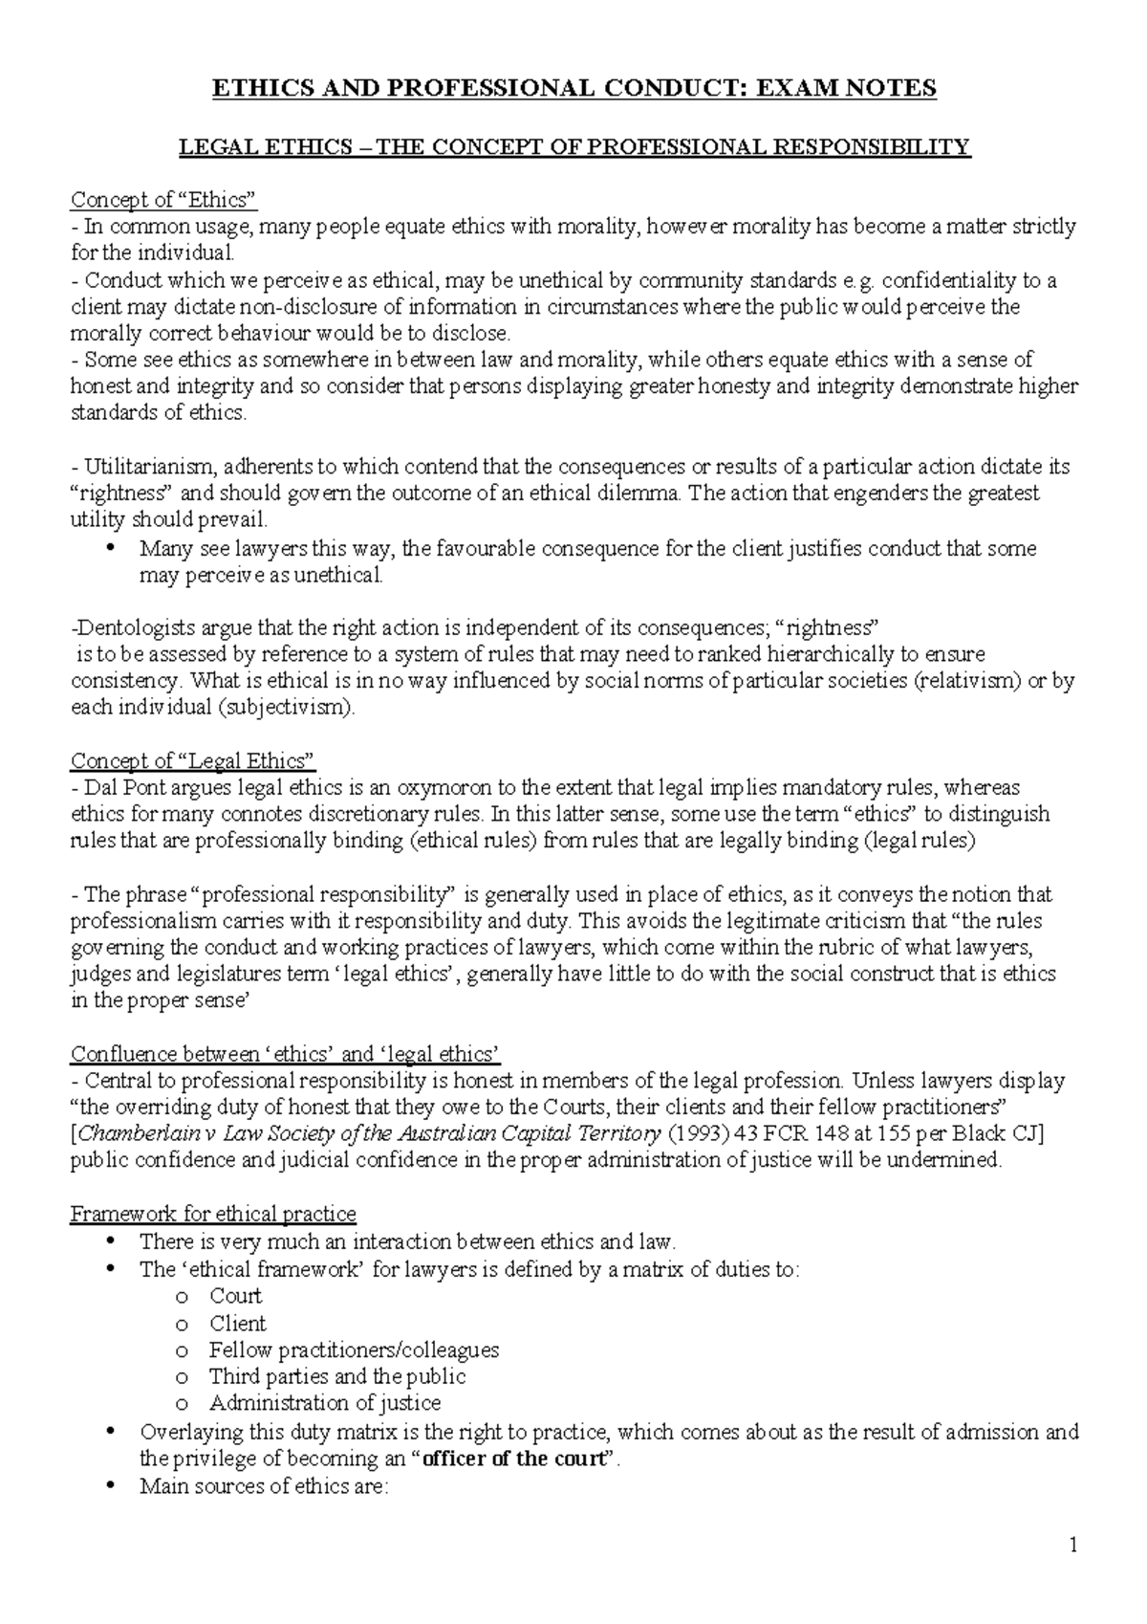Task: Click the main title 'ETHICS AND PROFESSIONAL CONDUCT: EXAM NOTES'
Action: pos(573,89)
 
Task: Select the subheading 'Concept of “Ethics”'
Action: pos(164,200)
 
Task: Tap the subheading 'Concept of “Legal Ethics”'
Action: pos(193,761)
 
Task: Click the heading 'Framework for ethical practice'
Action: pos(214,1214)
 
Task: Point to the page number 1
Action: pos(1073,1545)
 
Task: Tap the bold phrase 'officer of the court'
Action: pos(515,1459)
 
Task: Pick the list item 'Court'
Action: pos(235,1296)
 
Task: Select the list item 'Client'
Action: pos(237,1324)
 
